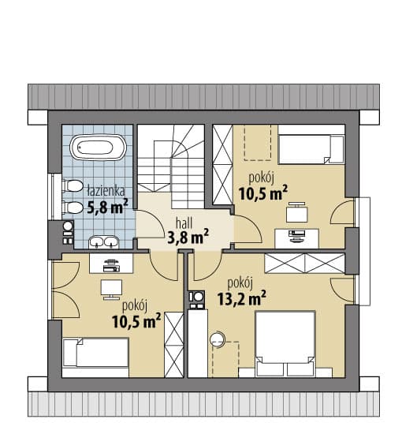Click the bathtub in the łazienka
[98, 148]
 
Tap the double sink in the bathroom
[104, 241]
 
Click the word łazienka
[106, 191]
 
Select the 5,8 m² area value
[107, 207]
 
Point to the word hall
[184, 223]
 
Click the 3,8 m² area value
[188, 237]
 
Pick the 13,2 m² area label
[242, 298]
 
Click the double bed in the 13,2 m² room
[285, 343]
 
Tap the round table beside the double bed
[218, 339]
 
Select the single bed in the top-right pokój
[311, 149]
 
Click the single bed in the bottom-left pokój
[95, 353]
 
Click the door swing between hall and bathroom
[151, 224]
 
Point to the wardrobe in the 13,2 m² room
[305, 263]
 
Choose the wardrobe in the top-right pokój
[222, 164]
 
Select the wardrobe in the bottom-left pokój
[174, 345]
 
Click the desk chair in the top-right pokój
[297, 212]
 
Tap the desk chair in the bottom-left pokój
[112, 290]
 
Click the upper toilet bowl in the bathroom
[73, 186]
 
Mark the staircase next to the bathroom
[171, 167]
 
